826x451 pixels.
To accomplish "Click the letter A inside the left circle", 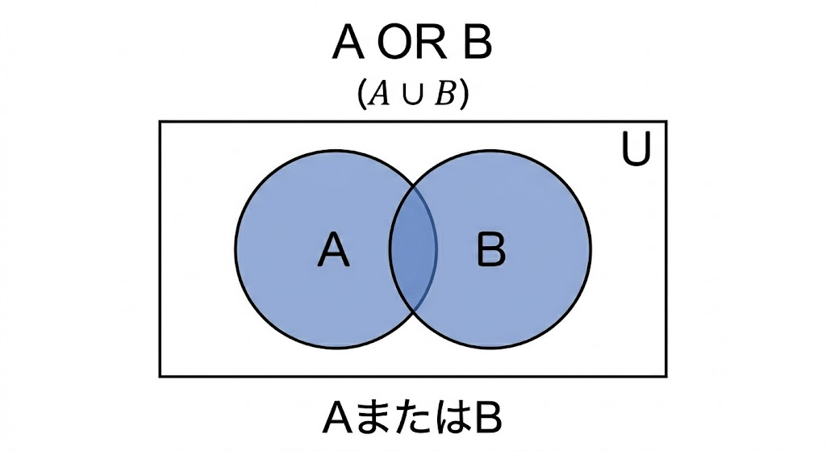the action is click(x=333, y=249).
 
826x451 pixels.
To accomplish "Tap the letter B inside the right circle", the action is click(x=491, y=248).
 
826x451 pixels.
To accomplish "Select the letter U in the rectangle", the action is click(x=636, y=148).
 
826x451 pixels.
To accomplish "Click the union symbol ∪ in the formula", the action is click(x=412, y=97).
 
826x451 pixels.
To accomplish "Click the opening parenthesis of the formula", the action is click(x=362, y=95).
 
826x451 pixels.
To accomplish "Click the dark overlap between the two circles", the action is click(x=413, y=248).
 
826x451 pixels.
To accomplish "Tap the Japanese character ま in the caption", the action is click(x=367, y=420).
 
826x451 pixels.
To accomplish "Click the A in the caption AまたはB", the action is click(x=338, y=420).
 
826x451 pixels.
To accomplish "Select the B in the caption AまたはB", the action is click(x=488, y=420).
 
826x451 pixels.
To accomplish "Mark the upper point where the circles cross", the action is click(x=413, y=186).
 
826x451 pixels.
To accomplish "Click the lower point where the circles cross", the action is click(x=413, y=313).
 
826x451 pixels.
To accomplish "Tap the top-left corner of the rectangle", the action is click(x=161, y=122).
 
